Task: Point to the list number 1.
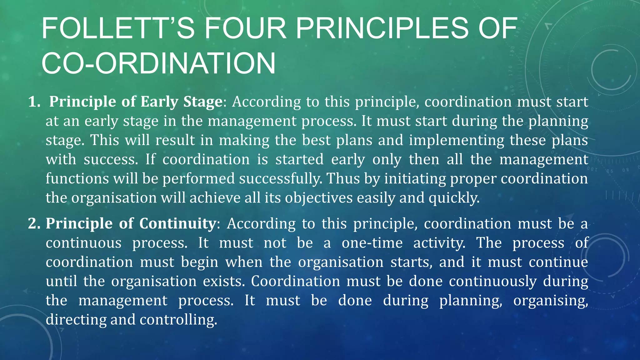tap(34, 102)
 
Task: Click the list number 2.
tap(34, 224)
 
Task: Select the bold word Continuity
tap(177, 224)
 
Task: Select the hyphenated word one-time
tap(372, 243)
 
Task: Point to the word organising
tap(551, 301)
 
